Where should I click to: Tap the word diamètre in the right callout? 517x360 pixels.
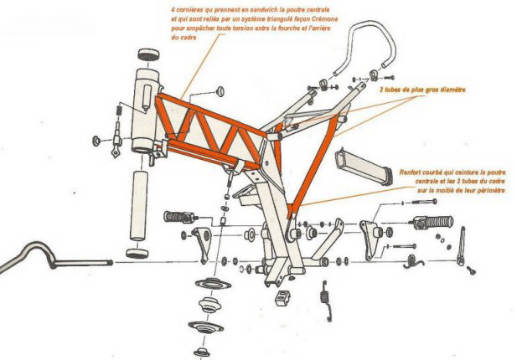(x=452, y=89)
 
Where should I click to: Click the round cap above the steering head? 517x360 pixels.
(x=149, y=55)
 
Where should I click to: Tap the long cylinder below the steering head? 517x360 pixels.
(x=138, y=204)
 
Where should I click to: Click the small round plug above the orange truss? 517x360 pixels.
(x=220, y=89)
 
